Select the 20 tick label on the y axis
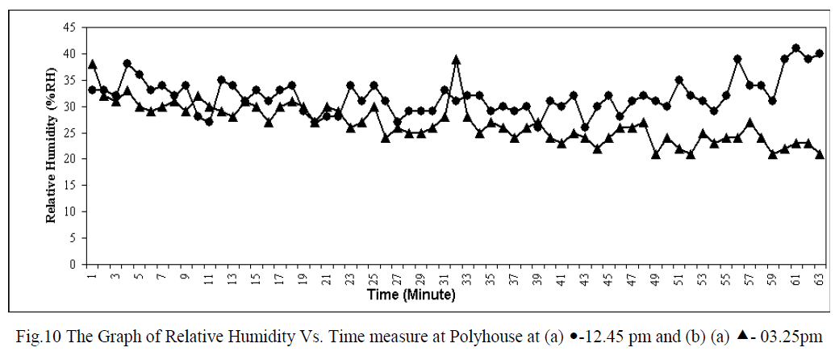pos(71,159)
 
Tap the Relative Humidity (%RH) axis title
pos(51,145)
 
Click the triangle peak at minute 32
pos(456,60)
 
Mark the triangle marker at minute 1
pos(93,65)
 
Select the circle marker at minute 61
pos(796,48)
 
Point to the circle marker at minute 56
pos(737,59)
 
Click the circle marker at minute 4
pos(127,64)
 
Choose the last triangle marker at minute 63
pos(820,153)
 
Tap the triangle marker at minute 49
pos(656,153)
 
